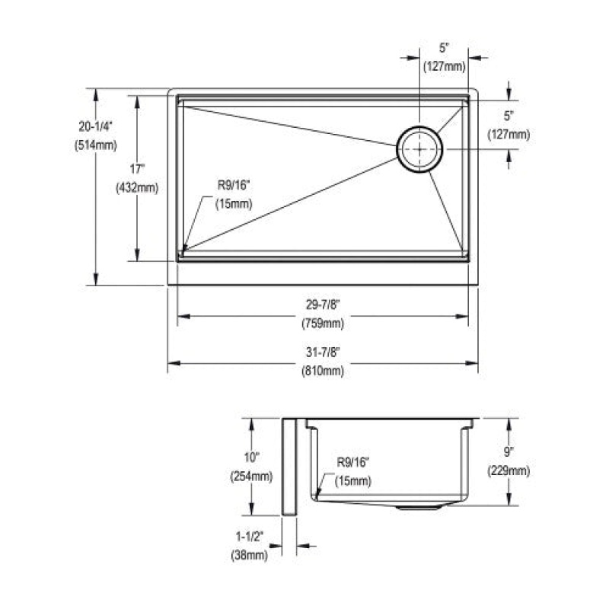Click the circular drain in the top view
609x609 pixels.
[x=419, y=149]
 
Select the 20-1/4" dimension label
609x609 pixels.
[x=96, y=126]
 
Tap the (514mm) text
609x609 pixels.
[x=96, y=145]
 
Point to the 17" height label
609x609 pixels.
[x=137, y=169]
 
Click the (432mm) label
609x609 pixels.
[x=137, y=188]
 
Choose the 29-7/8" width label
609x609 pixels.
[x=323, y=304]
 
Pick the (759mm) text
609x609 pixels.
[x=323, y=323]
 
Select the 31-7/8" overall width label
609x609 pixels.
[x=323, y=352]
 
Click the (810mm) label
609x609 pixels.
[x=323, y=371]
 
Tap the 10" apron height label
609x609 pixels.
[x=251, y=458]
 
